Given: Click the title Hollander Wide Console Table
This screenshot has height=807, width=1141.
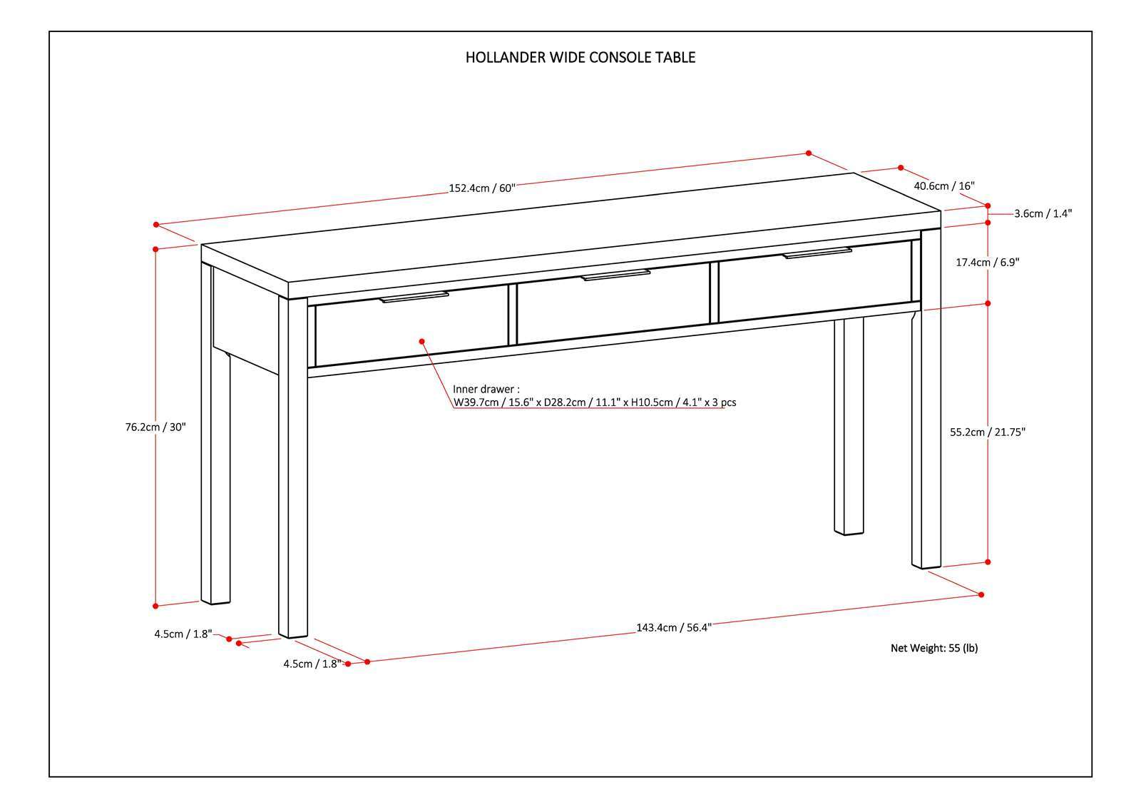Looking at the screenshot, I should pos(580,58).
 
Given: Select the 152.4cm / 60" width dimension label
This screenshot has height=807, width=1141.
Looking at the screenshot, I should pos(481,188).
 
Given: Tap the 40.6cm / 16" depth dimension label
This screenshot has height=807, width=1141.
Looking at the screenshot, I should pos(943,186).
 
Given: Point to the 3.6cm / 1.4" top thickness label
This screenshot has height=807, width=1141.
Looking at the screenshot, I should pos(1043,213).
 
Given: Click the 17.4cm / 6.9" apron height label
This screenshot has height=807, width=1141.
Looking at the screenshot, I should pos(987,262).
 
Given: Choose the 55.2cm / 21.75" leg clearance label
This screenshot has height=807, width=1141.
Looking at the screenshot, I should pos(987,432).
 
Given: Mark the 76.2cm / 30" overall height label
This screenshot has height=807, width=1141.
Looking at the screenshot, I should pos(155,427).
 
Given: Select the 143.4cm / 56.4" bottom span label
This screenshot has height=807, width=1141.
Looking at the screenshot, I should pos(673,628).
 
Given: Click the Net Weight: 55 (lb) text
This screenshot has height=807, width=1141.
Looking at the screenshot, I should pos(934,648).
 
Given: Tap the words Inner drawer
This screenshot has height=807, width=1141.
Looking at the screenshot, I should pos(485,389).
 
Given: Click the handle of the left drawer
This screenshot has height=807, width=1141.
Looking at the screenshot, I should pos(414,297).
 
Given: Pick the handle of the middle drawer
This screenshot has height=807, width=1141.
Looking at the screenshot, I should pos(615,275).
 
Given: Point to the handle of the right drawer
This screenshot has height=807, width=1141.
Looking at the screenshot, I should pos(817,253).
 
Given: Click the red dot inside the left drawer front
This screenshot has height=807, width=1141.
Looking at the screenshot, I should pos(421,341).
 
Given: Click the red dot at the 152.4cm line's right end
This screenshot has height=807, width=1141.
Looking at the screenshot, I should pos(809,153).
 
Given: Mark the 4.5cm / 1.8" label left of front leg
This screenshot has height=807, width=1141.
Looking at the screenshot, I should pos(183,633).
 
